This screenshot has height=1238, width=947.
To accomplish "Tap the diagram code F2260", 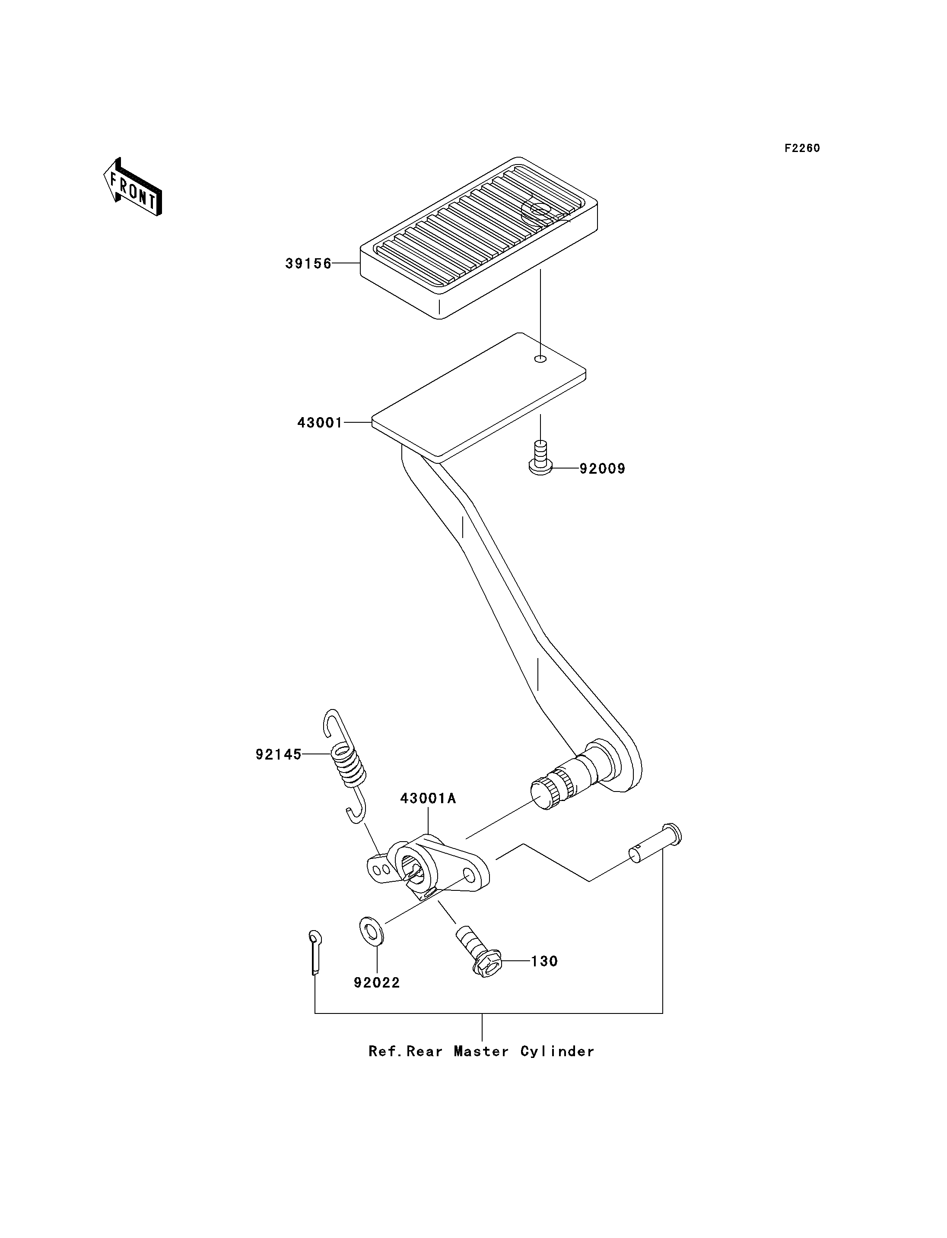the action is coord(802,148).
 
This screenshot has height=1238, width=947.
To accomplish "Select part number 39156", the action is coord(308,264).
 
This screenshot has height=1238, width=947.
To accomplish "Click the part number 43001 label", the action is coord(320,423).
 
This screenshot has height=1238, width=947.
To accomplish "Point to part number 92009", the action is coord(603,469).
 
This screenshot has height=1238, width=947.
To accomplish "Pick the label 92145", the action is coord(279,754).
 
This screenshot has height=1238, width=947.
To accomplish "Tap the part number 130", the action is coord(544,961).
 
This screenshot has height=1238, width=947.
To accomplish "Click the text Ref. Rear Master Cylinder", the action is coord(481,1051).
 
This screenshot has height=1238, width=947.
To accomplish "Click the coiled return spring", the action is coord(345,765).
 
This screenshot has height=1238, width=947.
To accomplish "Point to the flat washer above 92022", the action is coord(372,930).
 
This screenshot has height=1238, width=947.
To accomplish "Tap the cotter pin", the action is coord(315,952).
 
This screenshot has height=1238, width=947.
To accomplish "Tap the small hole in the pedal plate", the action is coord(540,359).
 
